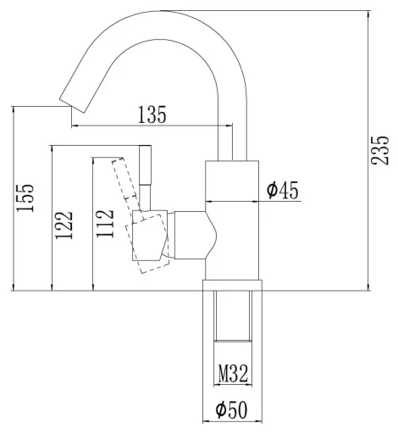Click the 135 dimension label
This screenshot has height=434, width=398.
point(152,114)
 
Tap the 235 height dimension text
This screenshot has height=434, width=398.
point(379,150)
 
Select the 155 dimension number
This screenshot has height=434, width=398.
point(25,198)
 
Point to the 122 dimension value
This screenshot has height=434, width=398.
point(64,225)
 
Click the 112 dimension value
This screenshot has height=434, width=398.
point(105,224)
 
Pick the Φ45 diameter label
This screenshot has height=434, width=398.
point(283,190)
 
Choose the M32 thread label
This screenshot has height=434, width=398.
point(233,373)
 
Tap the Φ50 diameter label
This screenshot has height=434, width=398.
point(231,410)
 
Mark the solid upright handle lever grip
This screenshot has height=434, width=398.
point(145,165)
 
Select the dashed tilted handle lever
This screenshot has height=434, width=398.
point(124,179)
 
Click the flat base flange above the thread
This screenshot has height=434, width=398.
point(232,286)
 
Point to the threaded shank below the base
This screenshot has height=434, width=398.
point(233,316)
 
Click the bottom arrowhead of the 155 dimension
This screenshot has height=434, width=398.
point(13,287)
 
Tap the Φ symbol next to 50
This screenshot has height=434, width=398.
point(221,410)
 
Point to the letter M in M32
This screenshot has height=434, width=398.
point(224,373)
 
